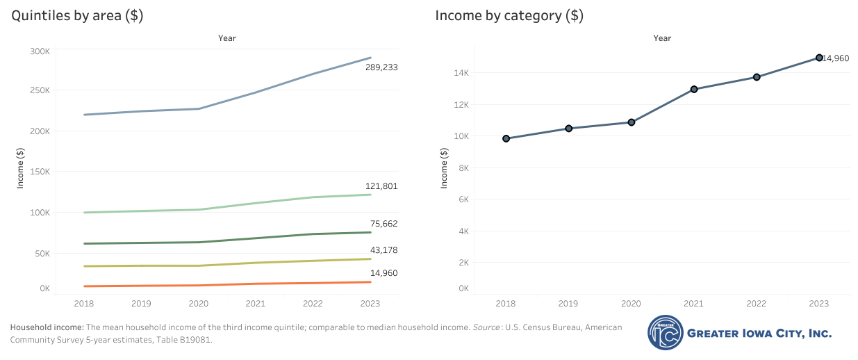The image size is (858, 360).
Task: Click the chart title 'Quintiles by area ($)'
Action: click(x=77, y=16)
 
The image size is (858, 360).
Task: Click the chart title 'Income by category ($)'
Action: click(x=509, y=16)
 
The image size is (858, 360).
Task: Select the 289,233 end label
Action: click(x=381, y=67)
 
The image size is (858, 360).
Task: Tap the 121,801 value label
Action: click(x=381, y=186)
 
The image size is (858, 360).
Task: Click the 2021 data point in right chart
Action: click(x=693, y=89)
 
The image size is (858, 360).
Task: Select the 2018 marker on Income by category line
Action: click(x=506, y=138)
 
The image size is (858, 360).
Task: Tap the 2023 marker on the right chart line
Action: click(x=819, y=58)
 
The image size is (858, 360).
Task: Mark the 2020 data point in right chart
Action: click(x=631, y=122)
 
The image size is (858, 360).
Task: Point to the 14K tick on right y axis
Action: click(x=462, y=73)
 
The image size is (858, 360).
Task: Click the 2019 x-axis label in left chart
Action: click(x=141, y=304)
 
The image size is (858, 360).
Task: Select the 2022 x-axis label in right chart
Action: click(x=757, y=304)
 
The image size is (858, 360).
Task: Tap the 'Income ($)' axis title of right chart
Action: click(x=445, y=167)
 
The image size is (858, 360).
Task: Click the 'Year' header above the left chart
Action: click(x=227, y=38)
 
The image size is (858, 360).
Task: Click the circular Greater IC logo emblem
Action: click(x=666, y=333)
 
